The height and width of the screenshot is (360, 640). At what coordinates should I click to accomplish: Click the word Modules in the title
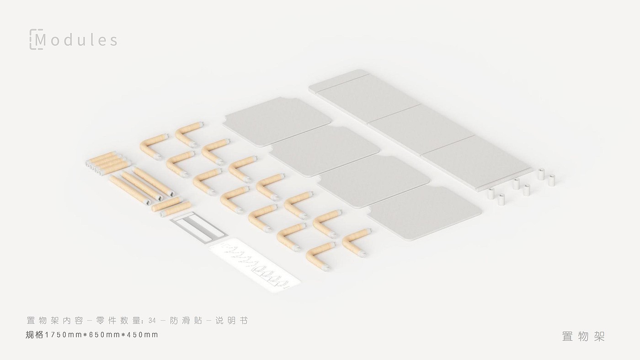76,40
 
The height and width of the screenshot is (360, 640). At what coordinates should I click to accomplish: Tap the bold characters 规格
34,335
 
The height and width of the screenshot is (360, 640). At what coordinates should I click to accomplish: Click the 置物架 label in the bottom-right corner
584,337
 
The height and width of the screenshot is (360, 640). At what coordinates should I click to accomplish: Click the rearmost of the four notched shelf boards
277,122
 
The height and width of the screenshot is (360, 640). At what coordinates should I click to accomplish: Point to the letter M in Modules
40,40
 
